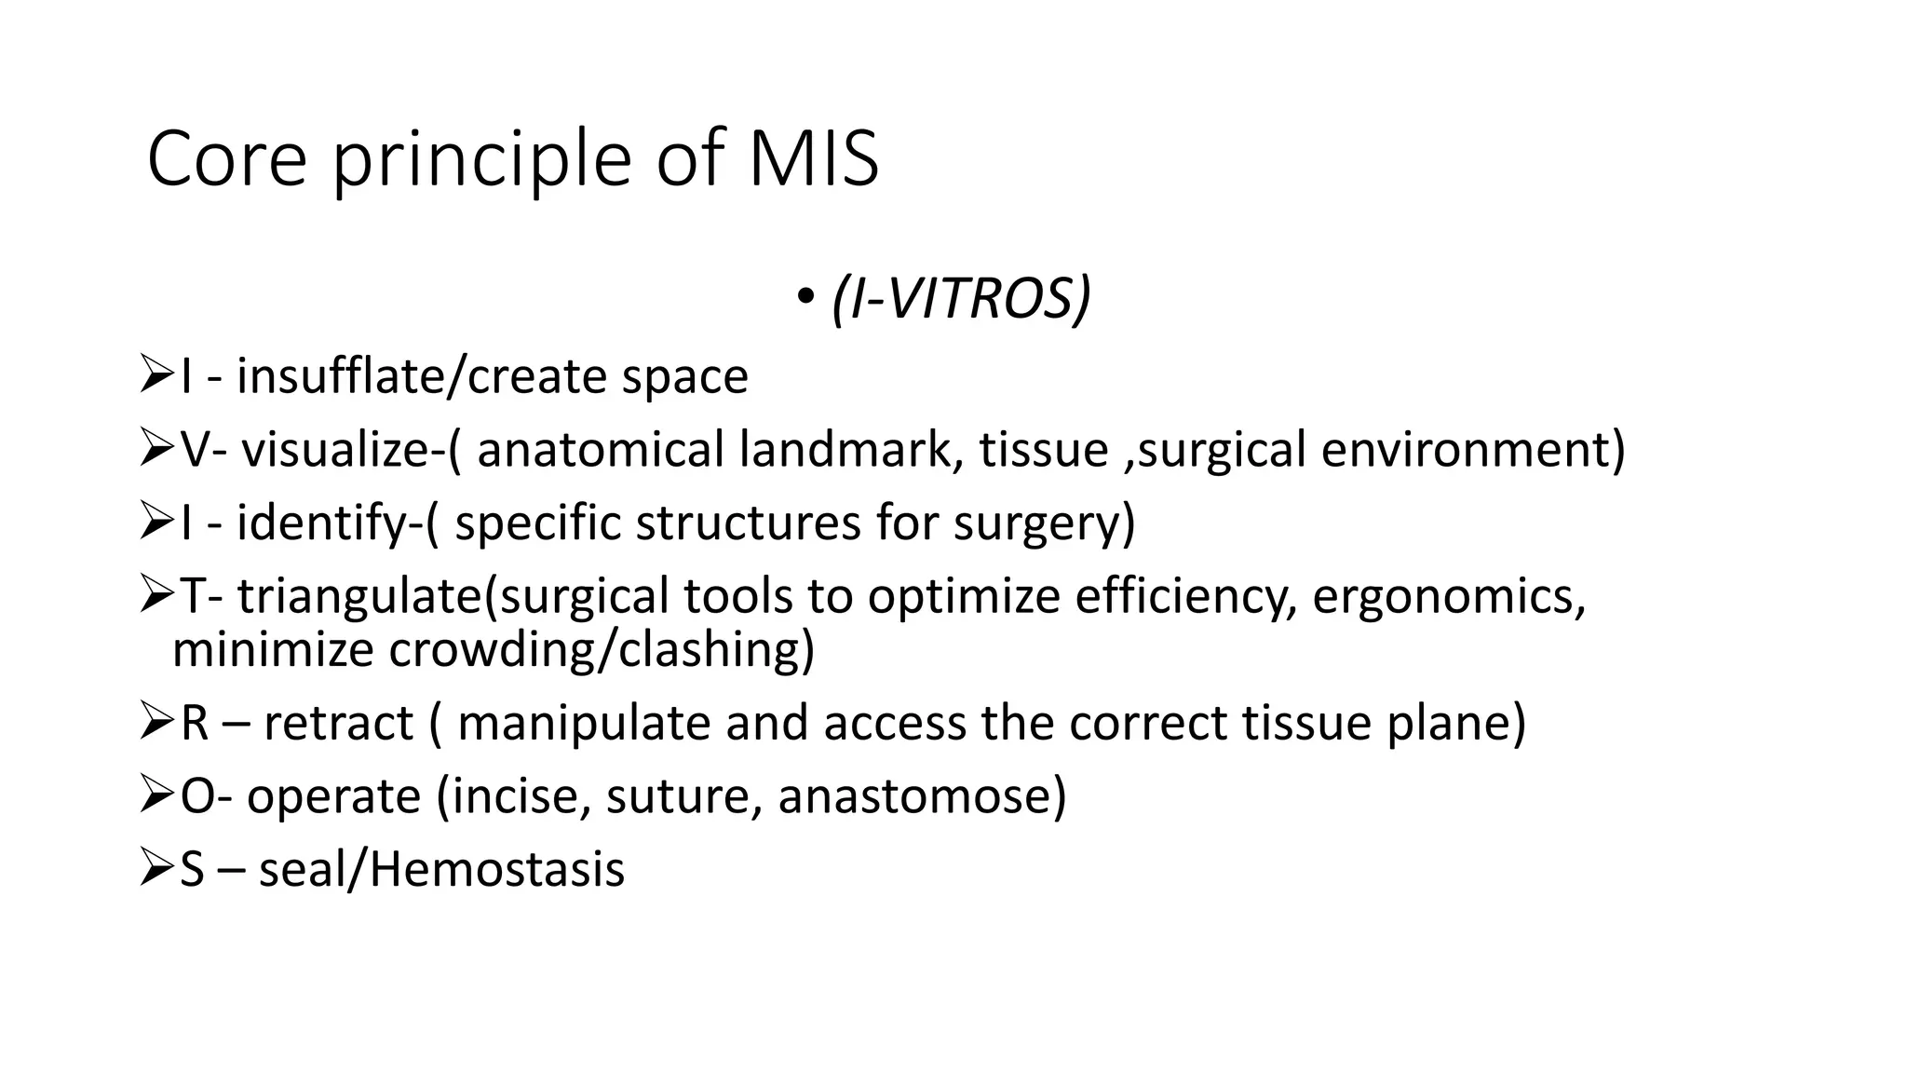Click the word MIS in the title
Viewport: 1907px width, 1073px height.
coord(813,159)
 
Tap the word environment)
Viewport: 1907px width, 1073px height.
coord(1473,450)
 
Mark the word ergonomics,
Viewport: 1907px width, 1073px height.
coord(1449,596)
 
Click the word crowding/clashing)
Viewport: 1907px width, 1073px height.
coord(601,650)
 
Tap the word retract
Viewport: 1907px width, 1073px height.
coord(338,723)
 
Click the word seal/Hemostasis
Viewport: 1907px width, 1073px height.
coord(441,869)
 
